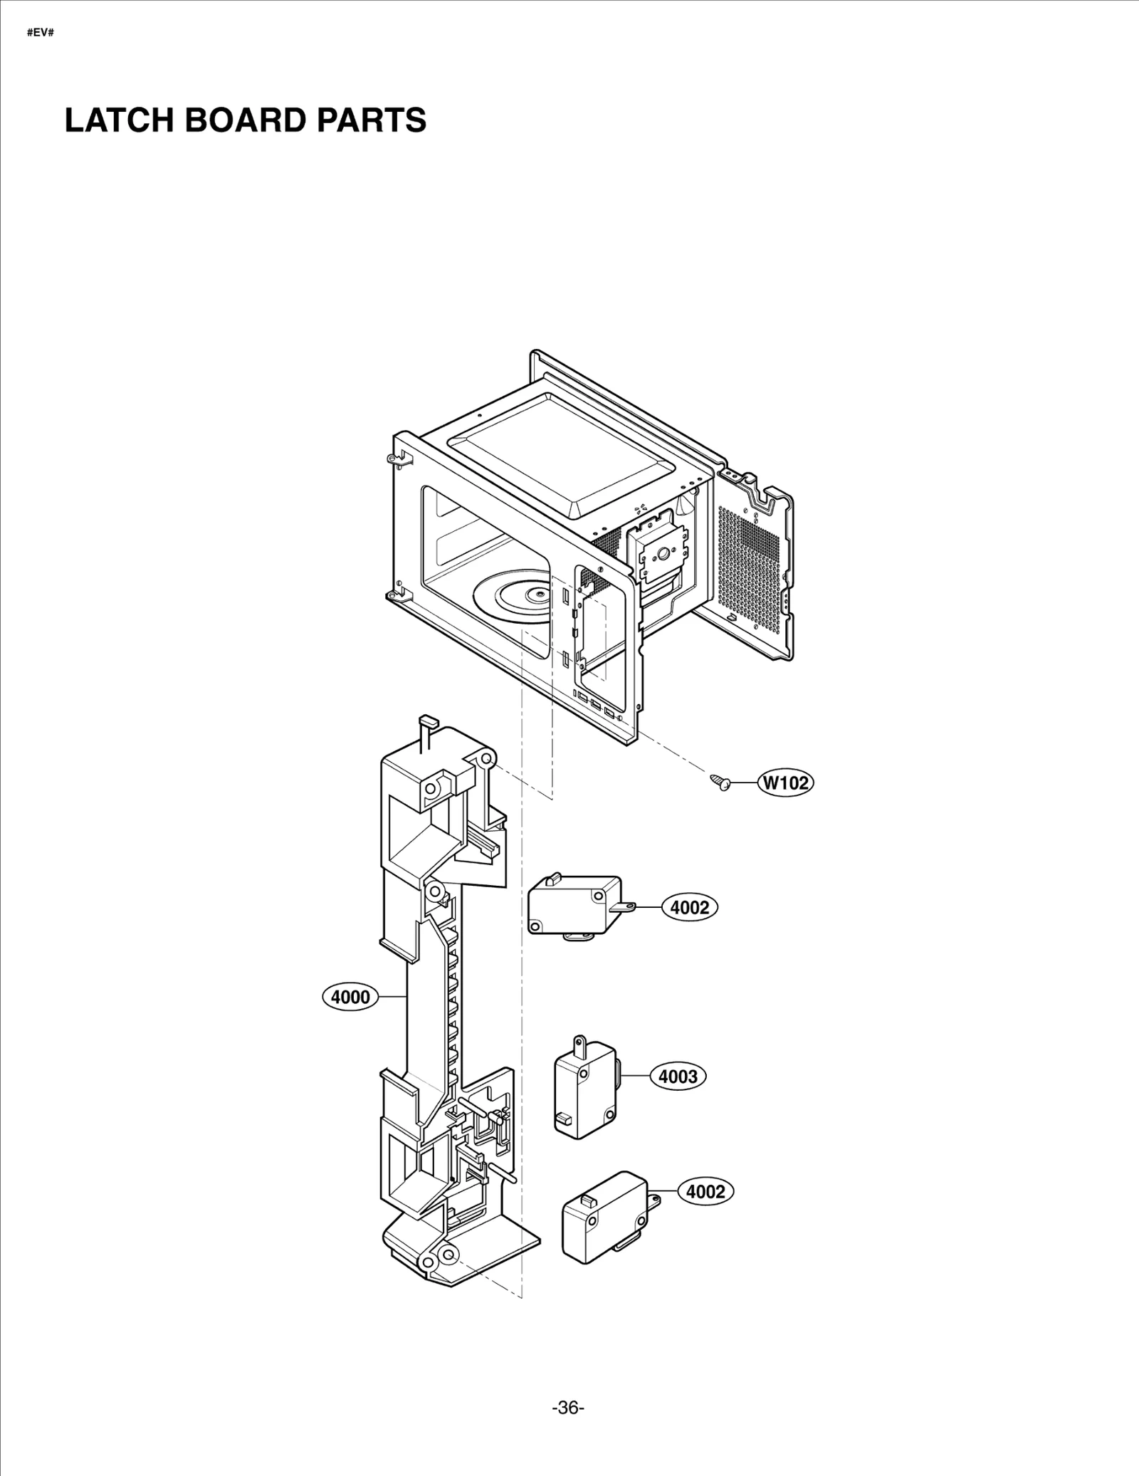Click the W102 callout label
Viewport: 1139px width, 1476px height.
pyautogui.click(x=787, y=783)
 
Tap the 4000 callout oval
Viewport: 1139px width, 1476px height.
pyautogui.click(x=350, y=997)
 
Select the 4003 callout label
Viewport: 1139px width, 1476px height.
pyautogui.click(x=678, y=1096)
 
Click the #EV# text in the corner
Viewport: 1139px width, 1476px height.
pyautogui.click(x=41, y=33)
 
